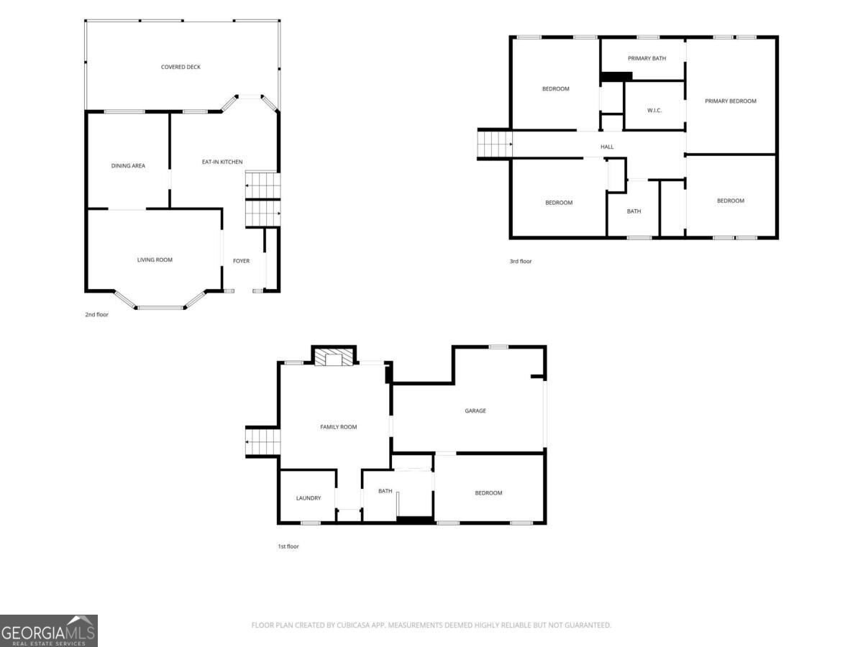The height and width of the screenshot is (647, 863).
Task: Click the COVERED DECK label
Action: click(181, 67)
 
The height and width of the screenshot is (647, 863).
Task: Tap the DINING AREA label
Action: click(128, 166)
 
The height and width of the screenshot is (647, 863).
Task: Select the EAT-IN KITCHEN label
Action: click(222, 162)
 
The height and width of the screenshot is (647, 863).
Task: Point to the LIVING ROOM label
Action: click(155, 260)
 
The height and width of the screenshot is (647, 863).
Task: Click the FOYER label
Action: click(241, 261)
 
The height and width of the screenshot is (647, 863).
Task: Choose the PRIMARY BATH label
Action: click(647, 58)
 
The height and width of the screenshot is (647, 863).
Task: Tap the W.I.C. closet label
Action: click(654, 111)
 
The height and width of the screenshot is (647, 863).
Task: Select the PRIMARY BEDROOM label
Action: click(731, 101)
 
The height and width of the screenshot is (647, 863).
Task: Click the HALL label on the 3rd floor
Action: click(607, 147)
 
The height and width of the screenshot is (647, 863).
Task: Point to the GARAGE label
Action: click(475, 410)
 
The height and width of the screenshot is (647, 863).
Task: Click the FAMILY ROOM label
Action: click(339, 427)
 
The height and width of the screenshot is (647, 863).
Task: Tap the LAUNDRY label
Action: click(309, 498)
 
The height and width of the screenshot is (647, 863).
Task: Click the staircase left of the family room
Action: click(262, 442)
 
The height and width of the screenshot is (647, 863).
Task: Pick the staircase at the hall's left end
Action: click(495, 144)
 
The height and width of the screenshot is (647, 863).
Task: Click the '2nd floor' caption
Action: click(96, 314)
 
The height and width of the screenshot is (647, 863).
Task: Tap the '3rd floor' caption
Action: click(521, 261)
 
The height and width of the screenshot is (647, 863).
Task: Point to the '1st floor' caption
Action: click(288, 546)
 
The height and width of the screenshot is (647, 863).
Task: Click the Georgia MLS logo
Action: click(49, 630)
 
